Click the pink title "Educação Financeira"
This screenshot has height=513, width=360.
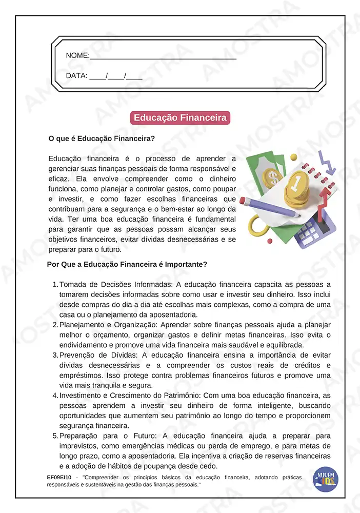tap(180, 118)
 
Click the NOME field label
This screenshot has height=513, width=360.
tap(77, 55)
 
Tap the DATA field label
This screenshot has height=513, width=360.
tap(77, 76)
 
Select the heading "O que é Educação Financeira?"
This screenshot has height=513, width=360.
tap(102, 139)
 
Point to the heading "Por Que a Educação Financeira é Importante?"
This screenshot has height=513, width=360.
tap(127, 265)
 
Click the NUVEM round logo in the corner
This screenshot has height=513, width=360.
tap(326, 479)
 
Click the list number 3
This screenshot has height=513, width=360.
tap(55, 355)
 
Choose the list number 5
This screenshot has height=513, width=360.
tap(55, 436)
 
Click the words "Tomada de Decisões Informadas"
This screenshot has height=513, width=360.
tap(116, 284)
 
